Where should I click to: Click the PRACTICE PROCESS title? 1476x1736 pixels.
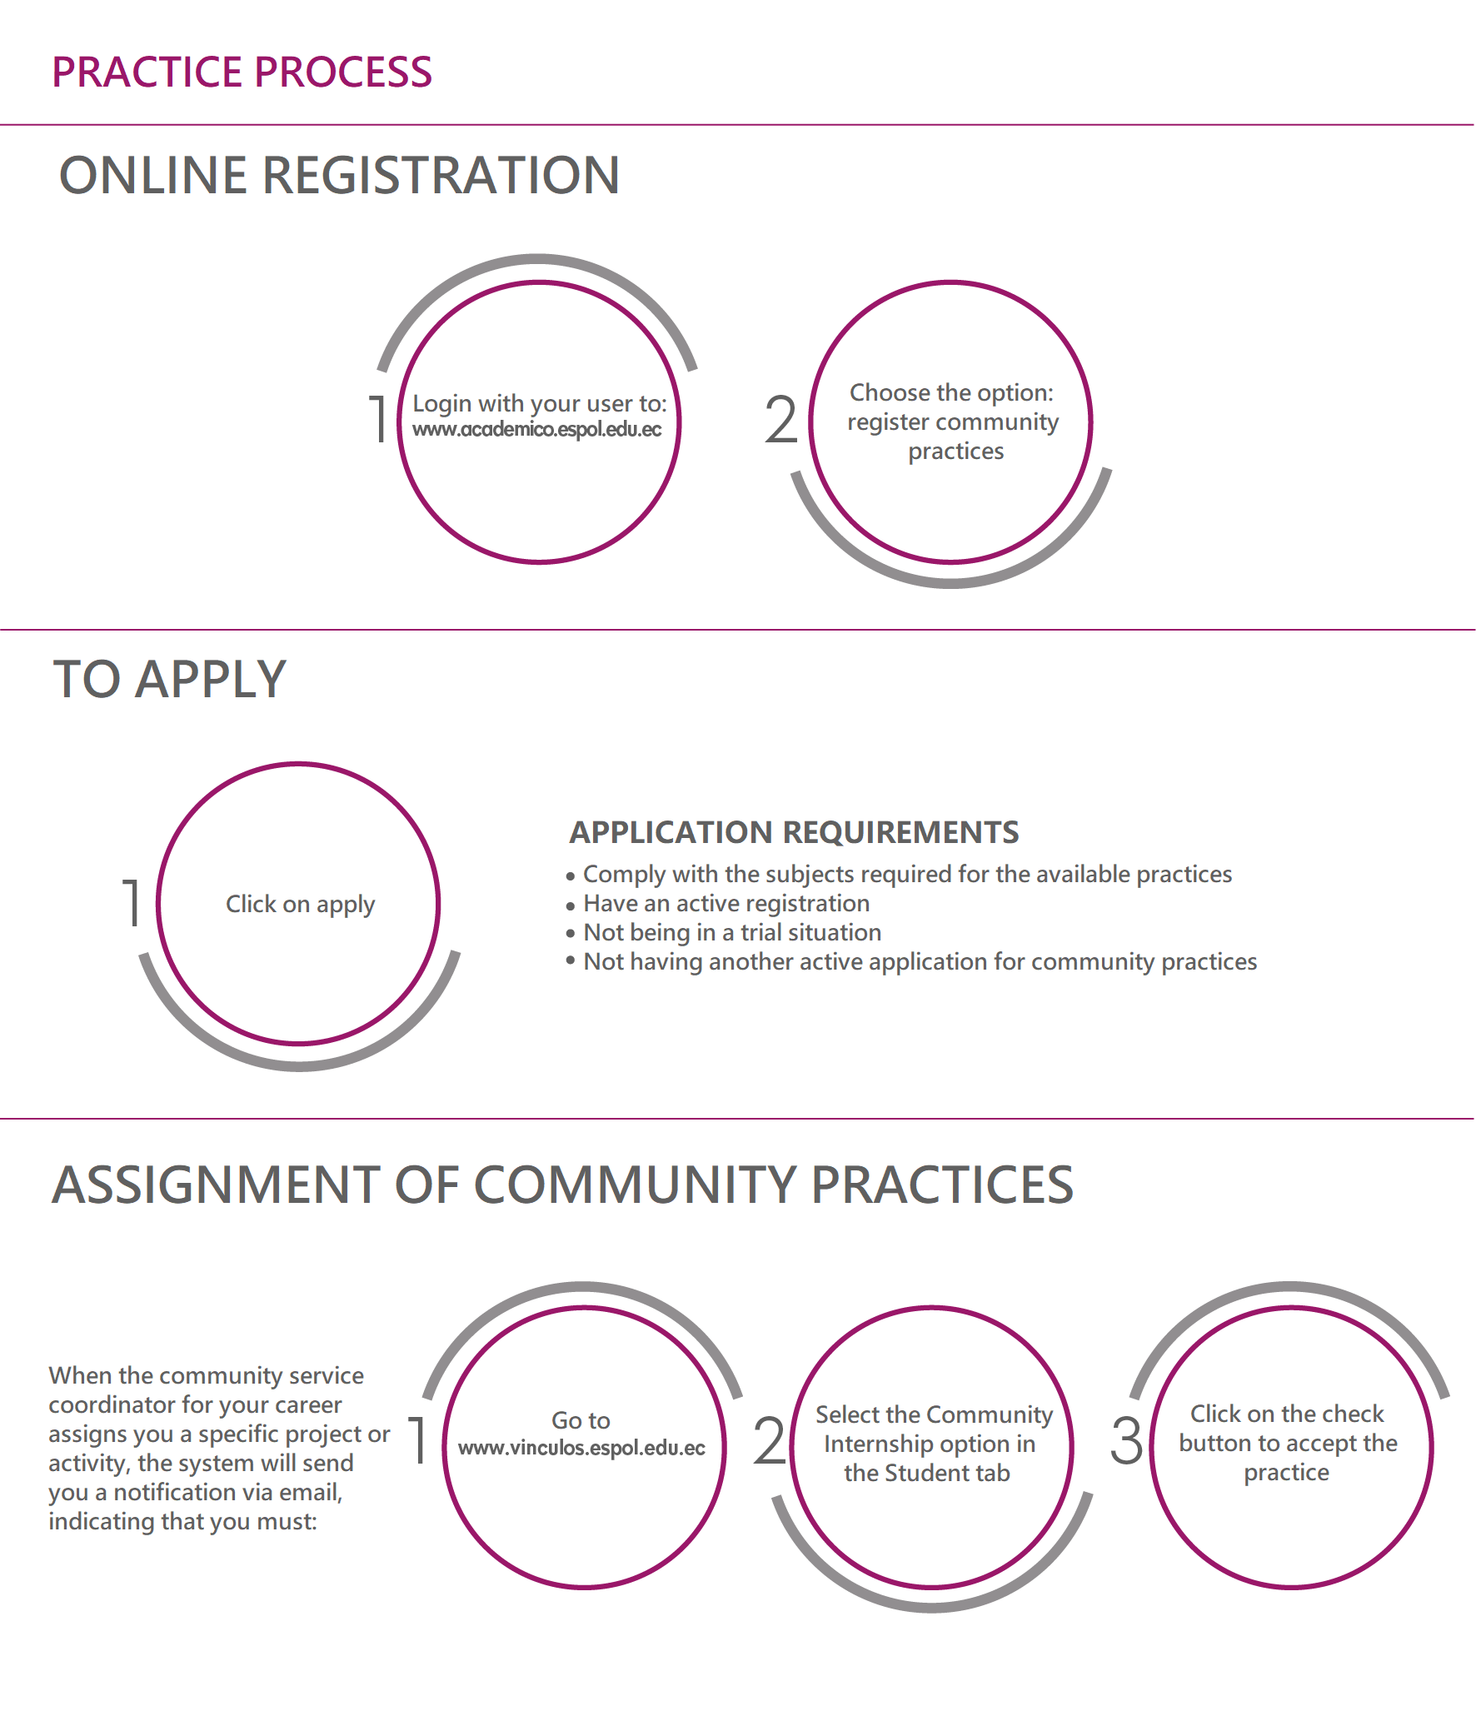tap(242, 72)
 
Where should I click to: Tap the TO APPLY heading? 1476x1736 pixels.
tap(170, 679)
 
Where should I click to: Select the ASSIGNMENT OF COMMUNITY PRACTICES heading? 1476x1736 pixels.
tap(562, 1185)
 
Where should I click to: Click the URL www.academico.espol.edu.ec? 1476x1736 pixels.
tap(537, 429)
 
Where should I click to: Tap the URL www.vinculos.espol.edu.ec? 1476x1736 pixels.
tap(581, 1449)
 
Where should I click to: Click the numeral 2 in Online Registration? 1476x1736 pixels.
tap(780, 420)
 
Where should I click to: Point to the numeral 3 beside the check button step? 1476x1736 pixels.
tap(1126, 1440)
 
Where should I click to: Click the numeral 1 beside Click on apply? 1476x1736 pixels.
tap(131, 902)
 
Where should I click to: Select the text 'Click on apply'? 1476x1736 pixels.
tap(301, 905)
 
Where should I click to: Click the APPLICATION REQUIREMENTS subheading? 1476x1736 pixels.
tap(794, 832)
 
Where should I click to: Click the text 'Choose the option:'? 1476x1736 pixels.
tap(951, 392)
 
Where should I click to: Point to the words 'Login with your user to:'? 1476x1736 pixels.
tap(540, 403)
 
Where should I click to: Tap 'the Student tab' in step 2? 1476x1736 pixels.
tap(927, 1474)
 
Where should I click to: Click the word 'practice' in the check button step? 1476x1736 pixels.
tap(1287, 1473)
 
